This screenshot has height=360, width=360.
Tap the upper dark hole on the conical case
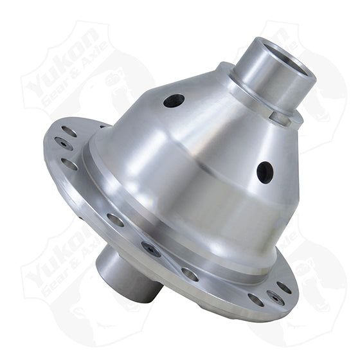(174, 101)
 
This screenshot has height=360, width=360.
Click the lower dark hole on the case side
(264, 172)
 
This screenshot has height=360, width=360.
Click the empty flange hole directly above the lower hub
(116, 220)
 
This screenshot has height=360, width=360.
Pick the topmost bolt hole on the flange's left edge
(69, 132)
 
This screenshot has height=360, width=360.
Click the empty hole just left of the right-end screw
(255, 300)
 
